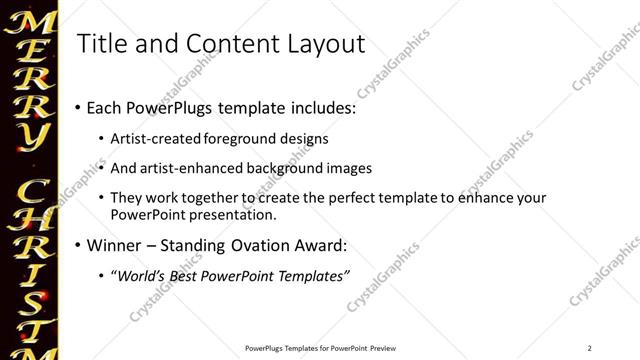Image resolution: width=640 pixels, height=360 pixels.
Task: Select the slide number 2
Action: [x=590, y=348]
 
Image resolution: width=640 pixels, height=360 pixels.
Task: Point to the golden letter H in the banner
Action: [x=31, y=228]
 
